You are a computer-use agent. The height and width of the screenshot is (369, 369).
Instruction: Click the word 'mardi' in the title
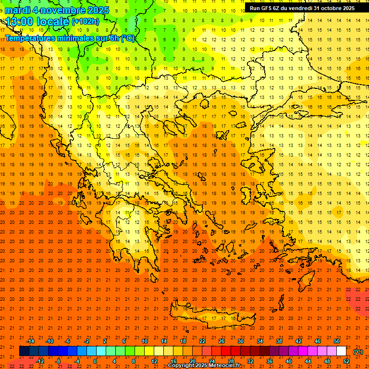coord(18,10)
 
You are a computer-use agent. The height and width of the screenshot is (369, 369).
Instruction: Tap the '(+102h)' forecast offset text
coord(86,22)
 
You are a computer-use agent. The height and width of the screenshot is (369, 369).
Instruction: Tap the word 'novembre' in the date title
coord(60,10)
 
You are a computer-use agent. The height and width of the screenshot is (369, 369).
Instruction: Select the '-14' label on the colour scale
coord(30,341)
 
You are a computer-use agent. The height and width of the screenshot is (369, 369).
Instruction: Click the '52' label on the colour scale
coord(346,361)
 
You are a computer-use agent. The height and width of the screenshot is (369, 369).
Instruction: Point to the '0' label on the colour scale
coord(96,361)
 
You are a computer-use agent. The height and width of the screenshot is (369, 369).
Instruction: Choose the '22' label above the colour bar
coord(202,341)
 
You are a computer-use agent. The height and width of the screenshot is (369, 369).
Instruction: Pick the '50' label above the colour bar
coord(336,341)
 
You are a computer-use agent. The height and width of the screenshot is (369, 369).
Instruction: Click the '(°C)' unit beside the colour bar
coord(358,352)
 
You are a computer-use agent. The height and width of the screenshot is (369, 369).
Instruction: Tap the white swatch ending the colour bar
coord(342,351)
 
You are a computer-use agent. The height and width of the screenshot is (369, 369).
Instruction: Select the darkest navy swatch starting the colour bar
coord(24,351)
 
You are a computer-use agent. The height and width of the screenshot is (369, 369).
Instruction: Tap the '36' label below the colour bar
coord(269,361)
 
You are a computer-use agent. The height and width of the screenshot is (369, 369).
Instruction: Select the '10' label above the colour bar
coord(144,341)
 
